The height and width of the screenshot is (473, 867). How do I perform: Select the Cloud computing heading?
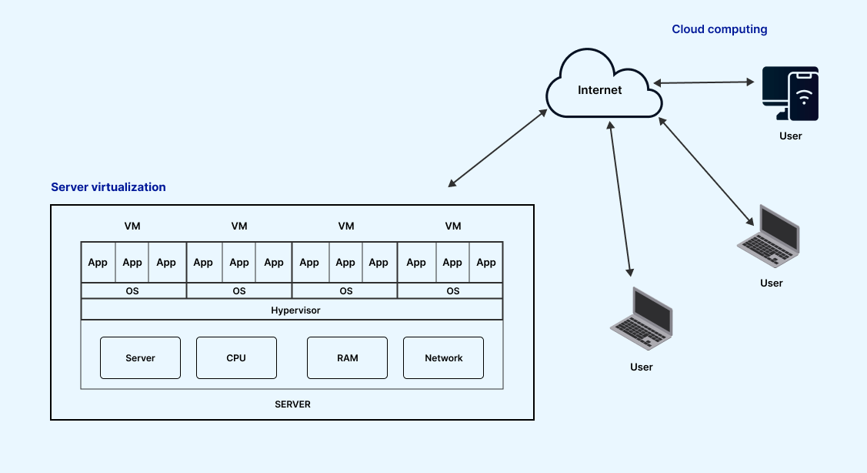click(719, 29)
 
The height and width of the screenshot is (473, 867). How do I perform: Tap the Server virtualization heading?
click(108, 187)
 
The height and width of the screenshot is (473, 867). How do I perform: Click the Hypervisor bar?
click(292, 310)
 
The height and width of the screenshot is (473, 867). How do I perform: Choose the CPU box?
click(236, 357)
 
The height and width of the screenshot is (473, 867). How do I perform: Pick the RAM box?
click(347, 357)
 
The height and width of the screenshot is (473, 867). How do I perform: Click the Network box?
click(444, 357)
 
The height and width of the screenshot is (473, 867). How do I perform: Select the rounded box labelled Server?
click(140, 357)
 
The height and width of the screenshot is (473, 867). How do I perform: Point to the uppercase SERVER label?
click(292, 404)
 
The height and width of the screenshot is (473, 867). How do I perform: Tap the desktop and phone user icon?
click(790, 94)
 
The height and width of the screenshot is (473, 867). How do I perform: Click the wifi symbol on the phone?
click(805, 97)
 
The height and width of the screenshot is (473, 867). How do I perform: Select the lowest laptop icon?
click(642, 319)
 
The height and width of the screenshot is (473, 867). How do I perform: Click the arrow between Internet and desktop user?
click(703, 82)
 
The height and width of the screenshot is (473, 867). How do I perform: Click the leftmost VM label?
click(132, 226)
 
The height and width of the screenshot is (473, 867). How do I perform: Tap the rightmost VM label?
click(453, 226)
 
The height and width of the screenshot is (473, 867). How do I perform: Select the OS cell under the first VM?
click(132, 290)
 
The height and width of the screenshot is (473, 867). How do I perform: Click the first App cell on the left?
click(98, 263)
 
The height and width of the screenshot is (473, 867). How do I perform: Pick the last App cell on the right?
click(486, 263)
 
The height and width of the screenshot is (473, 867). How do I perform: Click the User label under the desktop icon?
click(790, 136)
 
